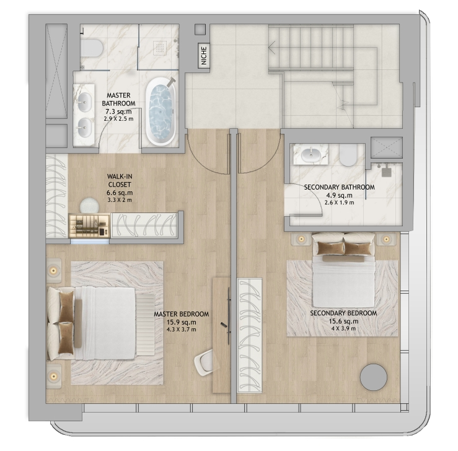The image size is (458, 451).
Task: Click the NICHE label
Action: [x=204, y=56]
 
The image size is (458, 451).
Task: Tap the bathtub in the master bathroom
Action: [x=161, y=112]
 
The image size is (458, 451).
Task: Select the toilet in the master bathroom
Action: [x=91, y=48]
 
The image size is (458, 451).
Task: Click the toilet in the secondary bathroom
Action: [x=348, y=155]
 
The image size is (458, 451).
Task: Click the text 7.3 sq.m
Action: [x=118, y=112]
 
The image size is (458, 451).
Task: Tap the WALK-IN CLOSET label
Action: [x=120, y=180]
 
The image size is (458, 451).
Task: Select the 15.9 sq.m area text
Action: [x=181, y=322]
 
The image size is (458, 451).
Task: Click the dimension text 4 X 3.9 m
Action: [x=343, y=328]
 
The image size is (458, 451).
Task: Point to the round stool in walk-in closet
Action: [x=89, y=206]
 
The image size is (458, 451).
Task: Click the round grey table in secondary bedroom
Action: [x=374, y=377]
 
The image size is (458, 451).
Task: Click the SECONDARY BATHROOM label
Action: [x=340, y=187]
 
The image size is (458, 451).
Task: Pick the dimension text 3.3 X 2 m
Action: [x=120, y=200]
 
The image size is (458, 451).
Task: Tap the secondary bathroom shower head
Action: [x=387, y=171]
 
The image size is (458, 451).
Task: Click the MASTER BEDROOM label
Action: [x=182, y=314]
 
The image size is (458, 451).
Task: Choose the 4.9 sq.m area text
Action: [x=340, y=195]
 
